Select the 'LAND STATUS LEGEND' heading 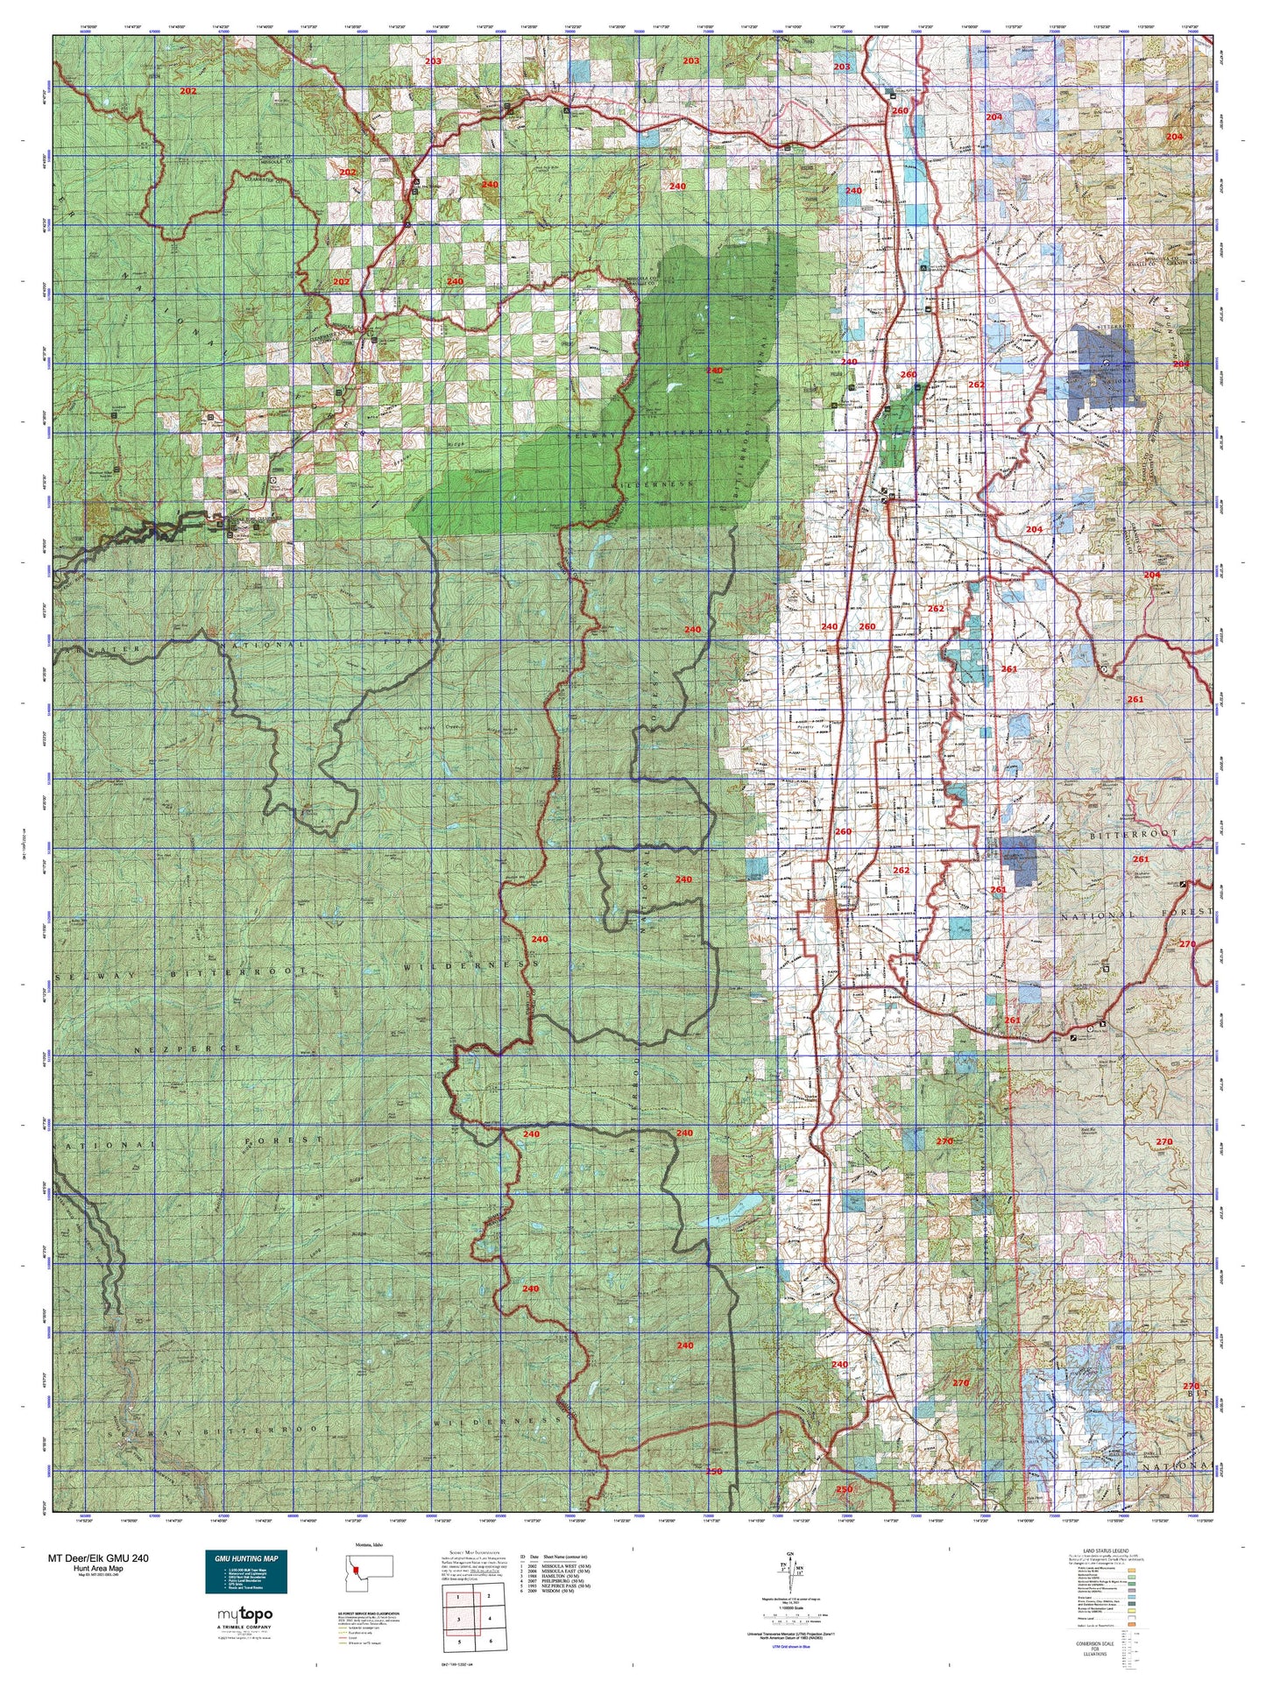1106,1550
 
